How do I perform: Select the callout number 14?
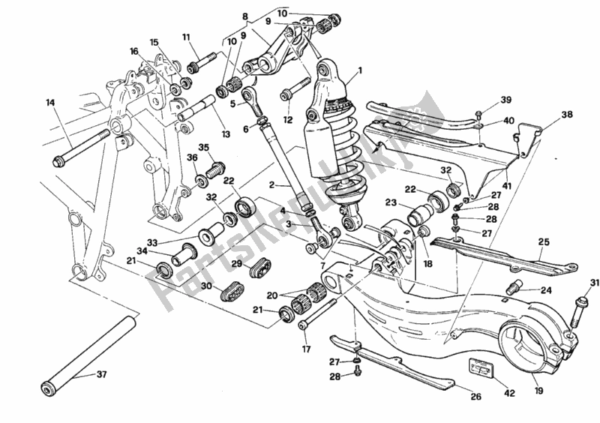pos(50,103)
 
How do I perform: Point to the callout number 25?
pos(544,242)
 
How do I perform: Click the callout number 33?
pos(153,242)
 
